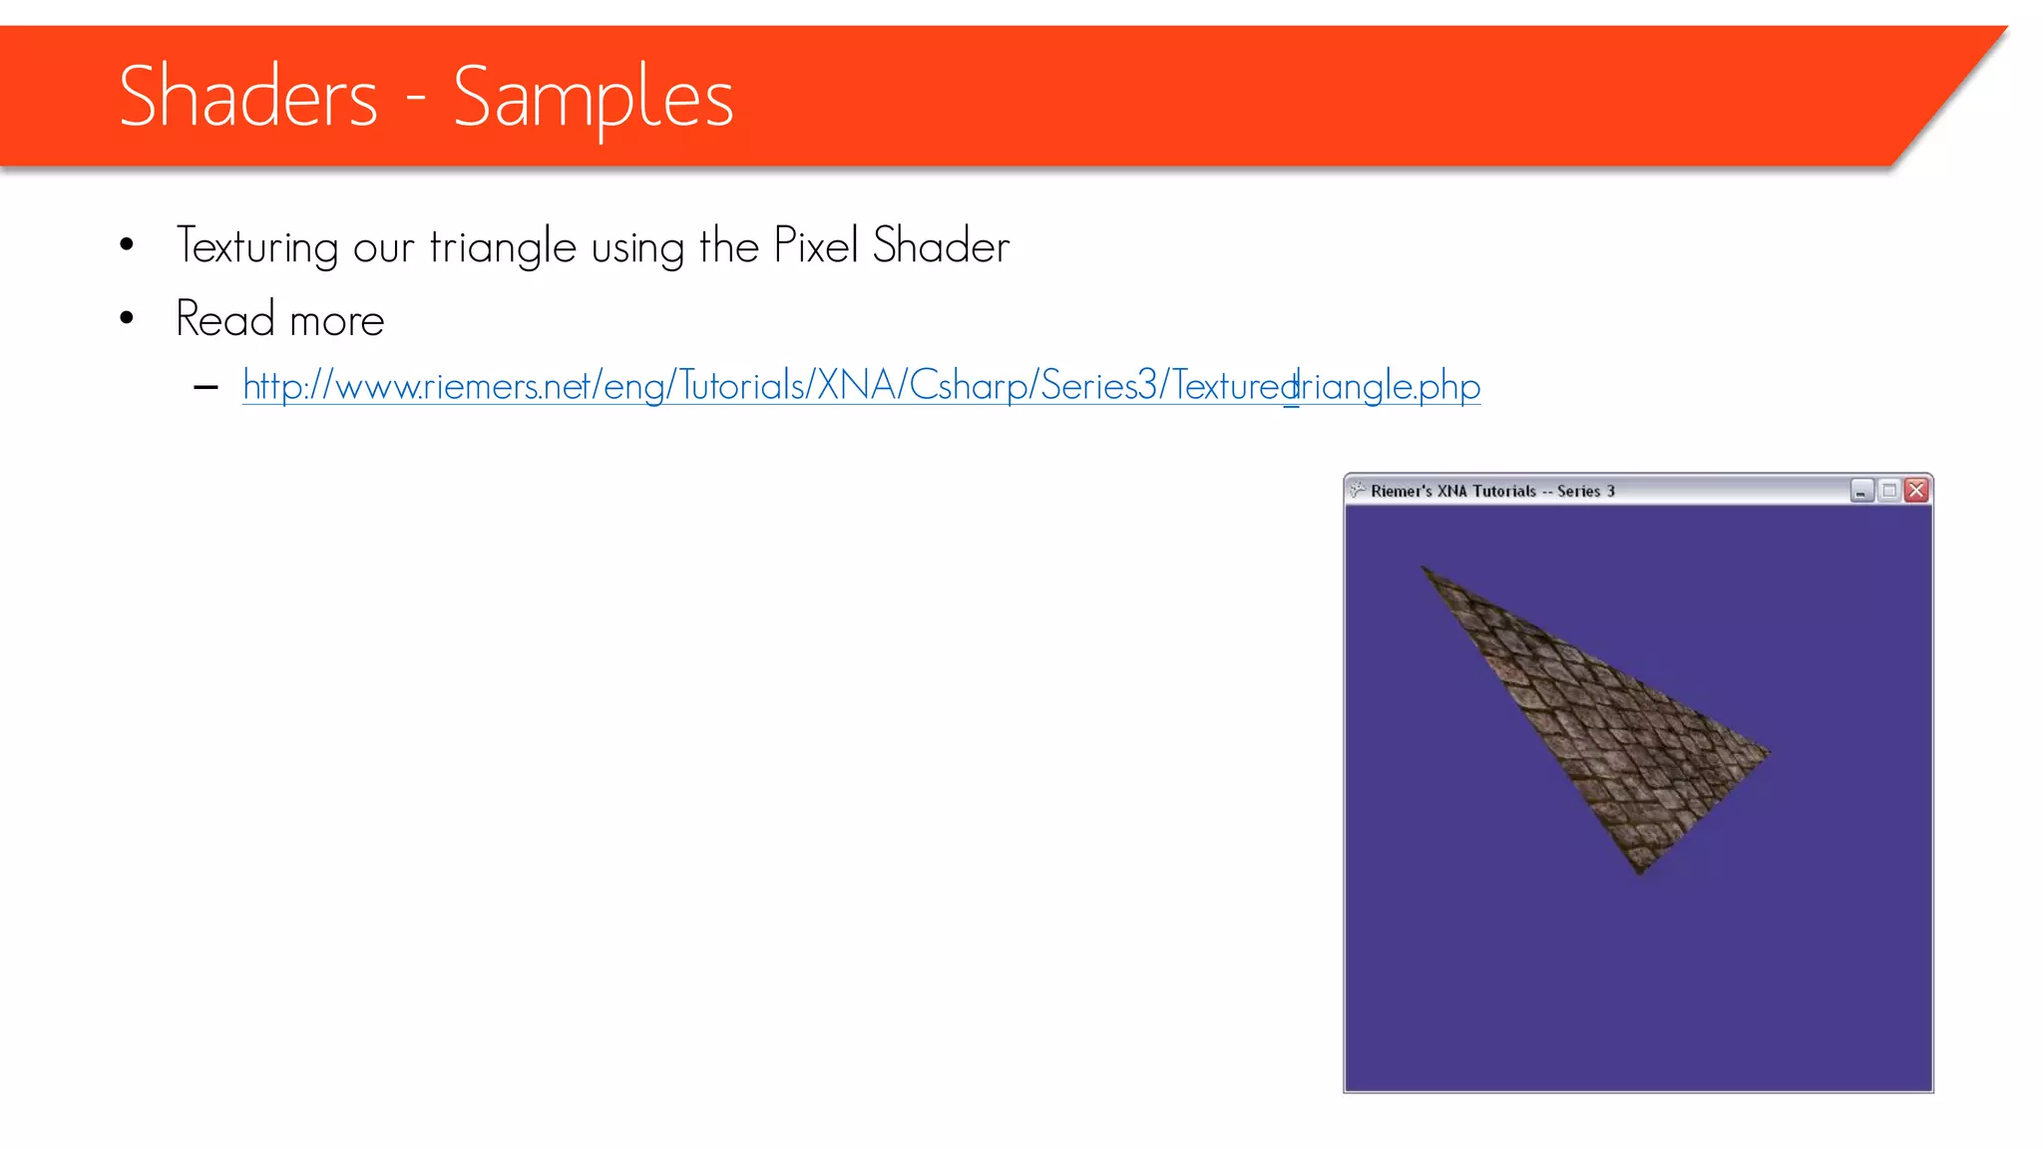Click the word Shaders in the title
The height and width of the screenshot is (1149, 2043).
(x=247, y=96)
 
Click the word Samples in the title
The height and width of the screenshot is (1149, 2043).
(x=593, y=98)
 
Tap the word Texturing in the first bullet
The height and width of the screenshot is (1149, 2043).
(x=257, y=246)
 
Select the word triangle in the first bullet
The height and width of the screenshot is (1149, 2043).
(x=503, y=246)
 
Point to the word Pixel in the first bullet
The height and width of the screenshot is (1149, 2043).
(x=815, y=245)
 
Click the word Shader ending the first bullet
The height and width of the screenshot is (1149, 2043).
(x=941, y=245)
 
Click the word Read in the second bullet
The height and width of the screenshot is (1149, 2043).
(x=224, y=319)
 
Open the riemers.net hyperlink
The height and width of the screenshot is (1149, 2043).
(x=861, y=386)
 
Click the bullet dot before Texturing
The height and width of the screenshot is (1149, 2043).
(x=127, y=244)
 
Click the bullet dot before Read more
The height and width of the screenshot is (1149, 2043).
(x=127, y=318)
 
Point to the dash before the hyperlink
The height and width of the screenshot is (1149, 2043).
(x=206, y=387)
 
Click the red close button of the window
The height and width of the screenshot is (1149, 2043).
(x=1916, y=490)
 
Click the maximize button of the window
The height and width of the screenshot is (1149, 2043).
(x=1888, y=490)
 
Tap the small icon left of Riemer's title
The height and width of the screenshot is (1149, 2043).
(x=1357, y=490)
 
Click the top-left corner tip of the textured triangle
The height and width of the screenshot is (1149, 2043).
(x=1424, y=569)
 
